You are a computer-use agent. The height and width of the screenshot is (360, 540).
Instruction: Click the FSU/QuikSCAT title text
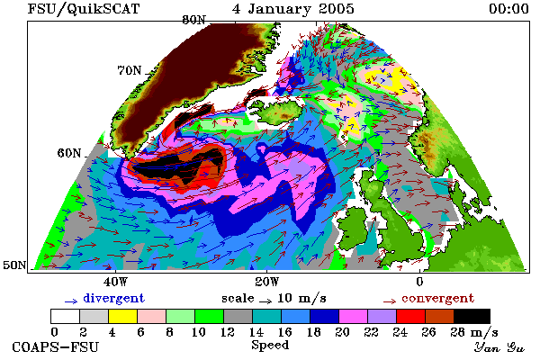[84, 9]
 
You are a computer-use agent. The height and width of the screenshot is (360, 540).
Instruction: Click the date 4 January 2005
[293, 9]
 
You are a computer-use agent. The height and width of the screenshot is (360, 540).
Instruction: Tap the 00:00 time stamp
[508, 9]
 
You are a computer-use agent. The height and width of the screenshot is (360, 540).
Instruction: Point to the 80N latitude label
[194, 20]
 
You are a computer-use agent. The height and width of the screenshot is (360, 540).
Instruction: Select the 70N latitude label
[130, 70]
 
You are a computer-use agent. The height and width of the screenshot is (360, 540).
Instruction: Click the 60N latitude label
[69, 153]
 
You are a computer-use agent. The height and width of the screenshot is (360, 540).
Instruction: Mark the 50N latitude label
[14, 265]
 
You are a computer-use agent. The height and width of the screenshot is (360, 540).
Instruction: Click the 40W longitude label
[115, 282]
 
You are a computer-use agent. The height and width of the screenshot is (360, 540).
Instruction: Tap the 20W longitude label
[267, 282]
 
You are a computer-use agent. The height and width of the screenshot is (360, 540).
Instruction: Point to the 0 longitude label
[419, 282]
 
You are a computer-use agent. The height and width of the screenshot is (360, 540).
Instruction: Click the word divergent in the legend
[113, 298]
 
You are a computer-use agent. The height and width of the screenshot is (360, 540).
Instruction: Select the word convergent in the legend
[437, 298]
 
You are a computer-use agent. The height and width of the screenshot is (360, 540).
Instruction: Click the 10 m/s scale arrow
[265, 301]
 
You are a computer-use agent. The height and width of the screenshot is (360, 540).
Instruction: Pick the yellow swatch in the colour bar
[123, 316]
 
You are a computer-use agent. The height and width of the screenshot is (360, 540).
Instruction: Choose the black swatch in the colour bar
[472, 316]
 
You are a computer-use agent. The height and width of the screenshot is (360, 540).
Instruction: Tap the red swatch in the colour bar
[411, 316]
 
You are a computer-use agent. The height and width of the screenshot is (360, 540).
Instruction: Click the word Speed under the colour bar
[270, 346]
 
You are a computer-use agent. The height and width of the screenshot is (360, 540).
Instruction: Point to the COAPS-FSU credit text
[56, 346]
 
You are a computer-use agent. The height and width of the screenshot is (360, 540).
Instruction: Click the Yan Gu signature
[499, 347]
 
